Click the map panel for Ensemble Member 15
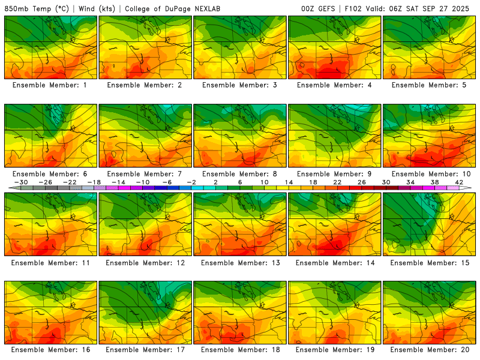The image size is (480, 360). click(x=430, y=224)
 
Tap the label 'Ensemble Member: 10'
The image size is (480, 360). click(x=427, y=174)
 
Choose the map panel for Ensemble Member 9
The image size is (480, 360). click(x=335, y=136)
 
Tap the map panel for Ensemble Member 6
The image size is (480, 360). click(x=50, y=136)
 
